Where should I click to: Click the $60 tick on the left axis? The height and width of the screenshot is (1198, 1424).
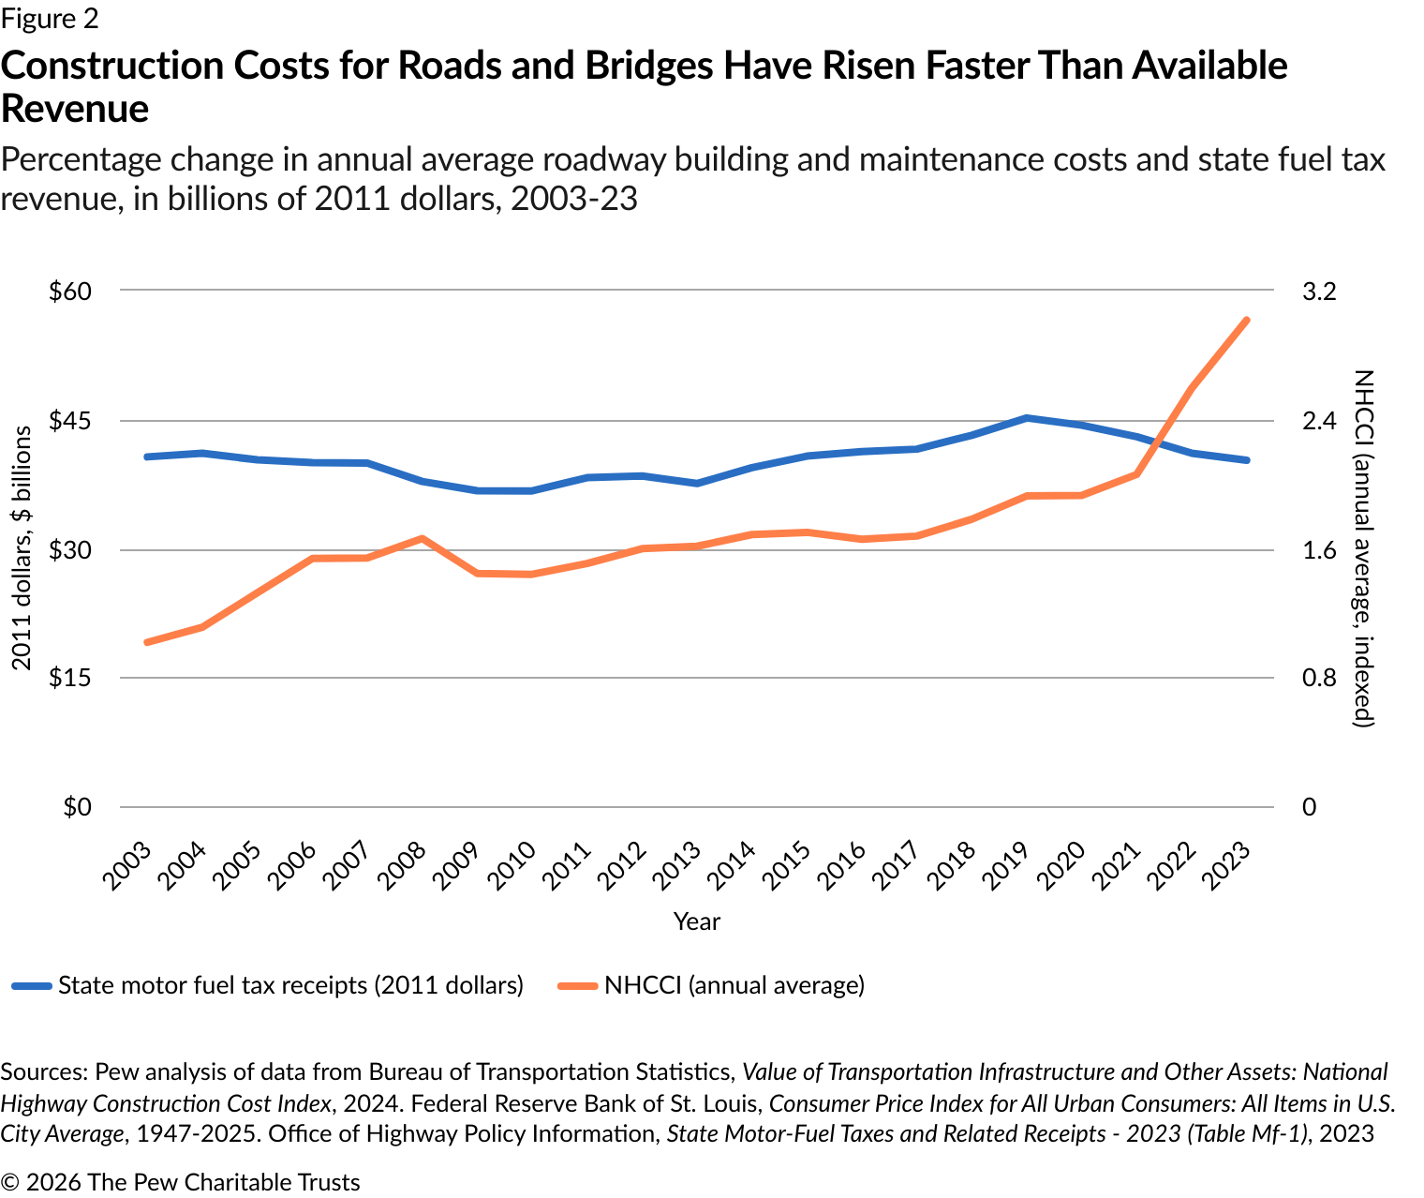tap(70, 292)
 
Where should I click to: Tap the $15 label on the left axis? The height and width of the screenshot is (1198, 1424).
tap(70, 678)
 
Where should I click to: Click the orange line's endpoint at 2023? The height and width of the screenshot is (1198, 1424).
tap(1248, 320)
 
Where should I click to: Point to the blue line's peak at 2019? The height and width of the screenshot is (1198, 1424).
tap(1027, 417)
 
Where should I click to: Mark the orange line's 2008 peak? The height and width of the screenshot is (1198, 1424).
tap(422, 538)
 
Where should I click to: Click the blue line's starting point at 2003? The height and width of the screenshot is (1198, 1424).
tap(146, 457)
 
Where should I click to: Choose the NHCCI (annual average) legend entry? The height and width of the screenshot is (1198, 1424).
tap(734, 985)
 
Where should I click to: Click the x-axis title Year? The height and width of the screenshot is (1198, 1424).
tap(696, 921)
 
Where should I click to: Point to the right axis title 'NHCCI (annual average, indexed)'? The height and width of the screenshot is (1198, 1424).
tap(1363, 548)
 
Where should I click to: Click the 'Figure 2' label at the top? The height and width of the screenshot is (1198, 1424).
tap(50, 19)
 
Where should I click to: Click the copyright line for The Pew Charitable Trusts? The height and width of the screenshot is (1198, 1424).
tap(181, 1182)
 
